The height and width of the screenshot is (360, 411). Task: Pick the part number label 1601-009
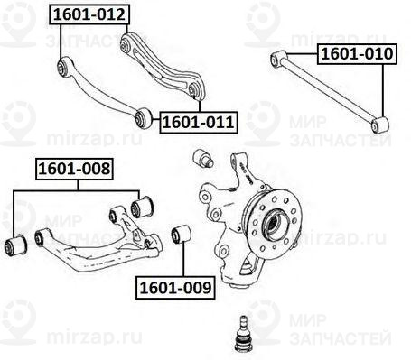(x=175, y=289)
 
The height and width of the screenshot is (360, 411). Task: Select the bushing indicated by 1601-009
(x=178, y=235)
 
